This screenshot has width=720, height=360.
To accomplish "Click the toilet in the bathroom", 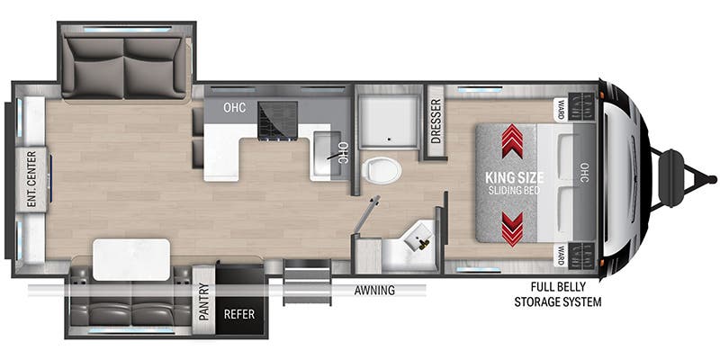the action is tap(381, 170).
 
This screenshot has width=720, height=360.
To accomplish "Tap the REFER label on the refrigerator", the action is tap(238, 314).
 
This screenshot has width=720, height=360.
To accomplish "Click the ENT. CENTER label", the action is tap(32, 179).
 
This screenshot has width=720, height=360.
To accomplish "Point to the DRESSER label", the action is tap(436, 121).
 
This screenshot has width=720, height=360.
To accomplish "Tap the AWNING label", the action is tap(374, 290).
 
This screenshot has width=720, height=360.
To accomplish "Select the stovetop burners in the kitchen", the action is tap(277, 120).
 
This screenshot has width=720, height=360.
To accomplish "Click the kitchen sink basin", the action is tap(328, 153).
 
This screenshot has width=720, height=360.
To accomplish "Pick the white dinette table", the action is tap(131, 259).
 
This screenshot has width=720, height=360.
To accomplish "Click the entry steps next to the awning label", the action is tap(307, 282).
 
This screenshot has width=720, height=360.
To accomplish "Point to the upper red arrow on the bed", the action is tap(512, 141).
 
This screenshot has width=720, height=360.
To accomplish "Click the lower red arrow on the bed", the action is tap(512, 229).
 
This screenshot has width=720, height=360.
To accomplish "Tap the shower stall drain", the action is tap(390, 139).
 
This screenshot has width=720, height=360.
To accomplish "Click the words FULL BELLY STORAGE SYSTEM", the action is tap(558, 294).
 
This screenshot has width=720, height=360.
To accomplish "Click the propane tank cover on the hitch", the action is tap(670, 178).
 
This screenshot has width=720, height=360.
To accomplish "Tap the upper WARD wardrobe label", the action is tap(561, 110).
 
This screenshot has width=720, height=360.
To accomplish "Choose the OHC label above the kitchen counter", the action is tap(235, 108).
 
